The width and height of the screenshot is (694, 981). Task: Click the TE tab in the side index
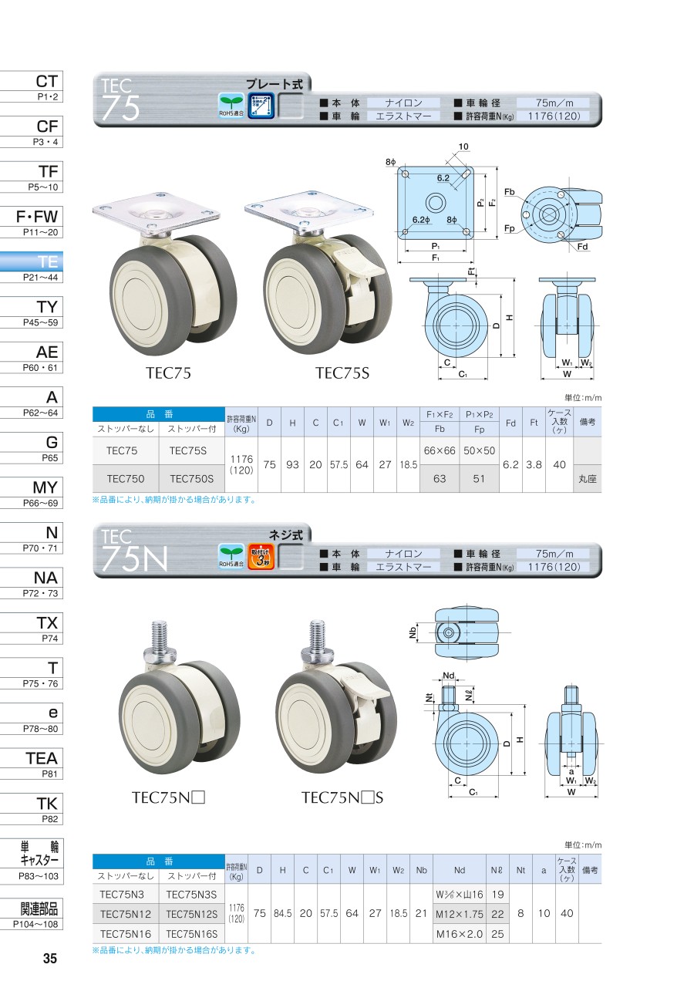[32, 267]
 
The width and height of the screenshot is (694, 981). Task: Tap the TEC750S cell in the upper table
[192, 479]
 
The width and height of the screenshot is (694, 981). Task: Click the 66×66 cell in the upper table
[440, 450]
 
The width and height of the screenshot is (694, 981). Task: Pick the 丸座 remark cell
[587, 479]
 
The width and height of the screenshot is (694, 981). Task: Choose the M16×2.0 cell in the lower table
[460, 934]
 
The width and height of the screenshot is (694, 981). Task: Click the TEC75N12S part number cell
[192, 914]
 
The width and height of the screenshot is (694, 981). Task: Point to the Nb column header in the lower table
[421, 870]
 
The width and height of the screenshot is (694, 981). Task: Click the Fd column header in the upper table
[510, 423]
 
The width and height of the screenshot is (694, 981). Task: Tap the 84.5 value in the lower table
[282, 914]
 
